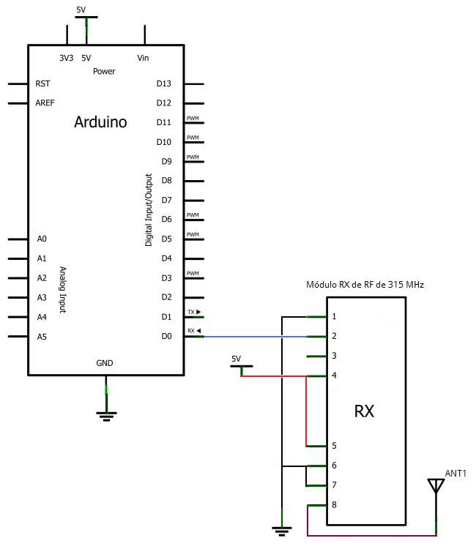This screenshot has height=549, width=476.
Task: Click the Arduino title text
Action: pos(100,122)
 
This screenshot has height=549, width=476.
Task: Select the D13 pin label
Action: pos(164,83)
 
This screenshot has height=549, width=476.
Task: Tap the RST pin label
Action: pos(42,83)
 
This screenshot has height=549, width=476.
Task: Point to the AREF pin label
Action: pos(45,103)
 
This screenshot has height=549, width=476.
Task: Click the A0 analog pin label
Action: pos(42,239)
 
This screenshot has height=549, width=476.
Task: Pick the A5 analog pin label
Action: pos(42,337)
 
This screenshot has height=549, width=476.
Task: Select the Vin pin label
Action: pos(144,58)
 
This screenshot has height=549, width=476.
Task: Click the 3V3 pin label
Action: pos(66,58)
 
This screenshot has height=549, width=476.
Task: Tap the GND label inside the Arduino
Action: pos(105,363)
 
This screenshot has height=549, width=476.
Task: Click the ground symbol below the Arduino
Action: pos(107,416)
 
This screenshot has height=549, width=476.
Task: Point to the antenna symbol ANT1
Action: pos(436,487)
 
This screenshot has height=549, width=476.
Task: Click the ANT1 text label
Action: pos(455,474)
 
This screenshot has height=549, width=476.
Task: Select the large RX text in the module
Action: pos(364,411)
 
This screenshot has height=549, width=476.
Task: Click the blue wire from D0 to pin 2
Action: pos(256,337)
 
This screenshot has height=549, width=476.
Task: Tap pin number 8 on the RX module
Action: pos(334,505)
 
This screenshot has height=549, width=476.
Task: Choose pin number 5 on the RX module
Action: pos(334,445)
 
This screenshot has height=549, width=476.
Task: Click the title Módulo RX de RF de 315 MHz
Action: pos(364,285)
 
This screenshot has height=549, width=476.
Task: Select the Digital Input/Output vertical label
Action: pos(149,209)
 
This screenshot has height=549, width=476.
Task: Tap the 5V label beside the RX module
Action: pos(236,359)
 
